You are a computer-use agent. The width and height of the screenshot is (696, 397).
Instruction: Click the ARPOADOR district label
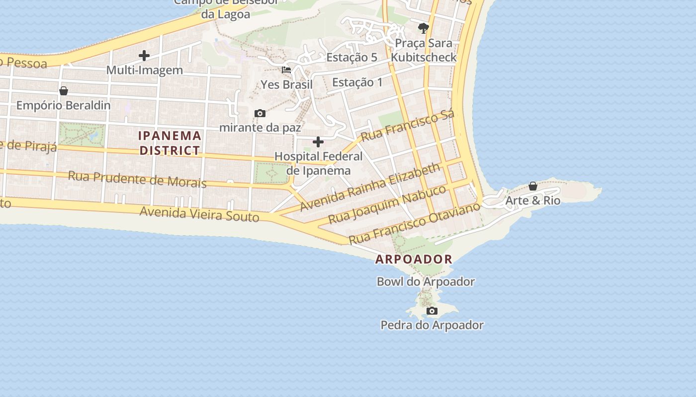pos(414,259)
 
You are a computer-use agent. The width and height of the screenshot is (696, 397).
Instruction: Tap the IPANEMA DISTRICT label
pos(170,143)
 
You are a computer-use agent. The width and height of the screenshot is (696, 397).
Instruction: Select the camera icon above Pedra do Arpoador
pos(432,311)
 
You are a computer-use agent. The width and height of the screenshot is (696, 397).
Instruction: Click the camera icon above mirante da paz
pos(260,114)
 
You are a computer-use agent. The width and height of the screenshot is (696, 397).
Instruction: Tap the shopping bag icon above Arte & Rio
pos(532,187)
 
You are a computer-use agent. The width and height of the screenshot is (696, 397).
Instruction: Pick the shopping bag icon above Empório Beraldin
pos(63,91)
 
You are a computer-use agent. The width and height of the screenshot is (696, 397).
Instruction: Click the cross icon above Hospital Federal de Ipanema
pos(318,142)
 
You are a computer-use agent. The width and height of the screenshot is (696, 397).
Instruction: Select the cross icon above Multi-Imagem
pos(144,55)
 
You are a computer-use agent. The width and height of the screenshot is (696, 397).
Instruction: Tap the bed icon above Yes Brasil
pos(286,70)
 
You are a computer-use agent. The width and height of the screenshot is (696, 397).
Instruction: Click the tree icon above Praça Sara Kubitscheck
pos(423,28)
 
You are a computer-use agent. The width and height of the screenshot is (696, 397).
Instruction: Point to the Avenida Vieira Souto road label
pos(199,214)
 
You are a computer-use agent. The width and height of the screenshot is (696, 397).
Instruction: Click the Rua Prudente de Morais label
pos(137,179)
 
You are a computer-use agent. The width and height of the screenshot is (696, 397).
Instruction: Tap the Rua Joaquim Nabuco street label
pos(387,204)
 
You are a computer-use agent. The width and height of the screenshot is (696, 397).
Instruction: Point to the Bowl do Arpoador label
pos(426,282)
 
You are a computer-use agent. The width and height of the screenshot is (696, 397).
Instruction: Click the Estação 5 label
pos(351,58)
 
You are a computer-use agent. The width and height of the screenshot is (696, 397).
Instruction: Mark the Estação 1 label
pos(357,82)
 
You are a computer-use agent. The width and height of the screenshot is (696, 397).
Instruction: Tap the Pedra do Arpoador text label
pos(432,326)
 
